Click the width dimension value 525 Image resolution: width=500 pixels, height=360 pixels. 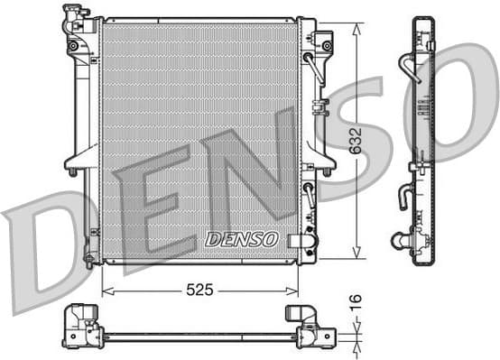coord(199,291)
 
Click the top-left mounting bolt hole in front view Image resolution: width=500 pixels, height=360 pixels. coord(72,45)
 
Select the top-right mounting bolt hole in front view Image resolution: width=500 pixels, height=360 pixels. coord(327,45)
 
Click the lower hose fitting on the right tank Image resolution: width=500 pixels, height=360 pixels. coord(310,193)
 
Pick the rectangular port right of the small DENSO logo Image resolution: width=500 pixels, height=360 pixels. coord(297,240)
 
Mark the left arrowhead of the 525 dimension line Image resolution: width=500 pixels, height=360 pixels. coord(105,291)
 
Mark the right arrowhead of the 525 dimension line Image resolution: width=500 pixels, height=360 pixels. coord(295,291)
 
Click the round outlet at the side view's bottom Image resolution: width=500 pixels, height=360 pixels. coord(398,240)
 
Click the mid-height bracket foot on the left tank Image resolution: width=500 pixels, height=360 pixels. coord(72,170)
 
